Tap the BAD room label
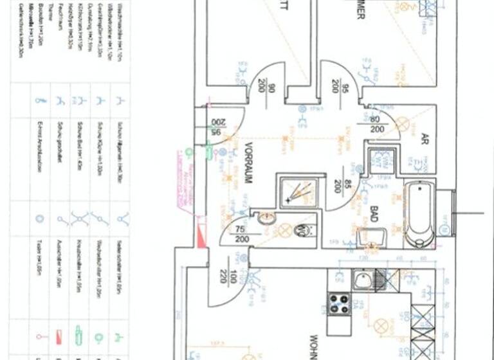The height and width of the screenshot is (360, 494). [374, 213]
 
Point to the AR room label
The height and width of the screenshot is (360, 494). [425, 138]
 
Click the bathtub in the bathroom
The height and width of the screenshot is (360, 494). [419, 213]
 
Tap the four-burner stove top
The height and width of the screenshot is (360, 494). [339, 303]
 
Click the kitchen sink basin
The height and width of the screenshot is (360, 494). [361, 280]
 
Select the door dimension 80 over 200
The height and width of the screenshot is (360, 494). [376, 123]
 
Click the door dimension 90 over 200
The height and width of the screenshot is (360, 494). [267, 85]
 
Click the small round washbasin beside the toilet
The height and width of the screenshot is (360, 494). [268, 219]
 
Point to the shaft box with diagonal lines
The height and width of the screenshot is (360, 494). [298, 191]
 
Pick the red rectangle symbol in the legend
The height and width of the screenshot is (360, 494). [59, 336]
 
